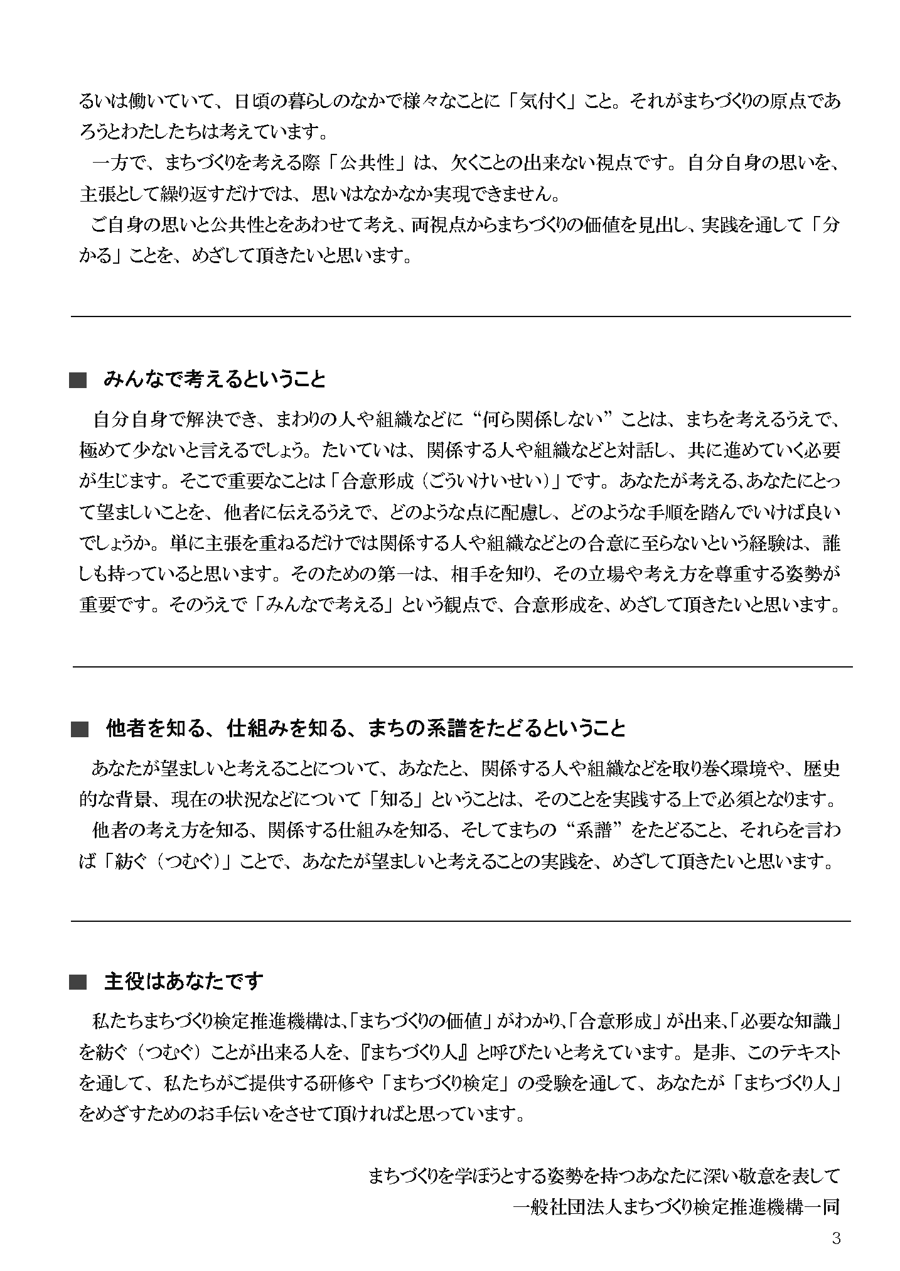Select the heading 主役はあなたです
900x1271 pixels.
(183, 982)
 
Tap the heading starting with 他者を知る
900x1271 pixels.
(366, 728)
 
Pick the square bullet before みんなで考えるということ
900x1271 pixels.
(78, 381)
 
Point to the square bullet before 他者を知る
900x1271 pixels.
(80, 729)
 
